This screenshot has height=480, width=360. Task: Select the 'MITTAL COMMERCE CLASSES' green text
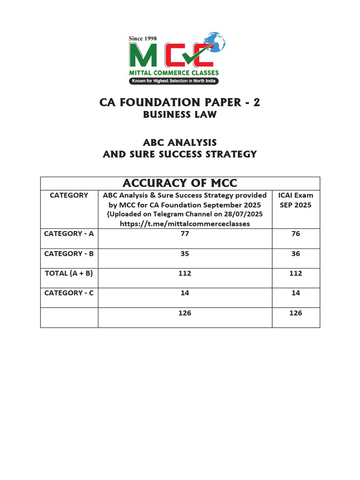[174, 73]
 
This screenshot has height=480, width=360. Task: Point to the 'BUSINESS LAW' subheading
[180, 114]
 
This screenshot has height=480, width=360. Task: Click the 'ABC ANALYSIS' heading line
[180, 142]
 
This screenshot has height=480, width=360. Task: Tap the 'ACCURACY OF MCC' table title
[180, 183]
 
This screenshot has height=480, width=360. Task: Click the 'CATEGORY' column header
[69, 195]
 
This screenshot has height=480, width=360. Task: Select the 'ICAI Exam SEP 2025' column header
[296, 200]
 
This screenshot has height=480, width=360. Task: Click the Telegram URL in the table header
[185, 224]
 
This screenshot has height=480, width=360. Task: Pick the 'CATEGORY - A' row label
[69, 233]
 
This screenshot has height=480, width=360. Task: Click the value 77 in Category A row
[185, 233]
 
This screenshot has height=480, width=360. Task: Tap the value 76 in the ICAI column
[296, 233]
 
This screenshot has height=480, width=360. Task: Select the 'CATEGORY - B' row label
[69, 254]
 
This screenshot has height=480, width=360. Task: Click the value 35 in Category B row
[185, 254]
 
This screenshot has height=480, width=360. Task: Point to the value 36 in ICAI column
[296, 254]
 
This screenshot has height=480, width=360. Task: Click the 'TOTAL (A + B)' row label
[69, 273]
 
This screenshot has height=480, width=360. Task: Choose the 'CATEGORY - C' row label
[69, 293]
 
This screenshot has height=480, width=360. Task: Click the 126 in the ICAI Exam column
[296, 313]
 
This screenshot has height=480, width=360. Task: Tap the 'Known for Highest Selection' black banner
[174, 82]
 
